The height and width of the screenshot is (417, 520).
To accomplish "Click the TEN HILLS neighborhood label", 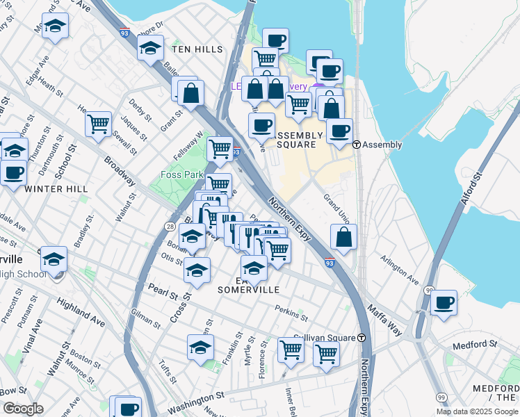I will point(197,49).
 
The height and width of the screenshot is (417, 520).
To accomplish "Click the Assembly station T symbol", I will point(357,145).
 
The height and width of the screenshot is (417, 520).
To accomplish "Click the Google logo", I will point(23,409).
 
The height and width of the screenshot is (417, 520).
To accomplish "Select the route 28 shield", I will point(170,227).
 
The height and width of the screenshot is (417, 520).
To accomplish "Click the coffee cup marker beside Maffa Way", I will point(444,303).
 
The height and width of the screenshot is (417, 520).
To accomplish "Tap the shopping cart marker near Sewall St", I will point(99,124).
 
